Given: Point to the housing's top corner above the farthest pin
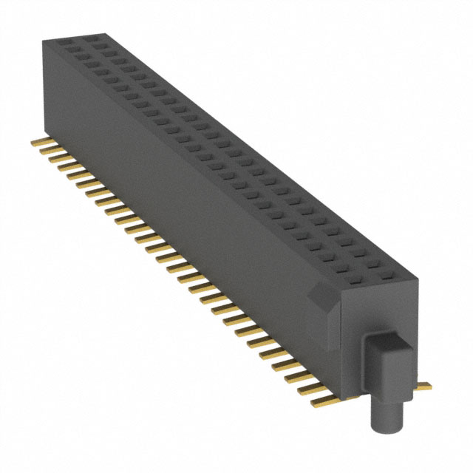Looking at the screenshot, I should point(41,41).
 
